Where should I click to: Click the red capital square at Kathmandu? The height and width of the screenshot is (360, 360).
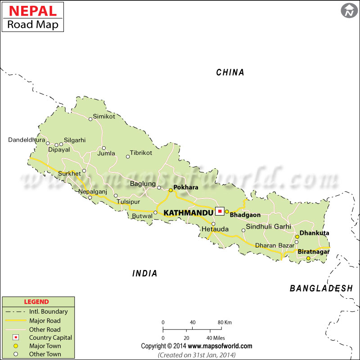coord(220,211)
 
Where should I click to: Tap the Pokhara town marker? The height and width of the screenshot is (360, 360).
coord(171,190)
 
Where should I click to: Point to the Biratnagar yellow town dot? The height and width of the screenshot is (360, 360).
coord(308,258)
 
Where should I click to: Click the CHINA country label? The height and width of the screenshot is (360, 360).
coord(230,72)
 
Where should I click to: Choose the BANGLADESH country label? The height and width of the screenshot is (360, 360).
coord(321,288)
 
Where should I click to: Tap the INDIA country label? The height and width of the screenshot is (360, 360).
coord(145,273)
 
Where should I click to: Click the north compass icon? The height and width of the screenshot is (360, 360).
coord(349,11)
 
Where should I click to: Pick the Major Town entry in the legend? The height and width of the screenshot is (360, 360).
coord(45,346)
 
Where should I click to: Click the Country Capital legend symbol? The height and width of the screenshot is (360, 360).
coord(15,337)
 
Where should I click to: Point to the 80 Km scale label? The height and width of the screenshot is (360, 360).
coord(225,322)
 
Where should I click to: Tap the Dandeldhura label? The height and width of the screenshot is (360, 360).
coord(27,140)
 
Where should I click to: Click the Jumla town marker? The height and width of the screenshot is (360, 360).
coord(103,148)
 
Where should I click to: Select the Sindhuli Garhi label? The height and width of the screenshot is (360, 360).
coord(268,226)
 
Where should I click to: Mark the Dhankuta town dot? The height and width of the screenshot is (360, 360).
coord(297,237)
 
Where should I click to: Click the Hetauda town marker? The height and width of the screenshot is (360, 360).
coord(214,224)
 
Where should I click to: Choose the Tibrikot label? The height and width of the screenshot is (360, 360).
coord(141,153)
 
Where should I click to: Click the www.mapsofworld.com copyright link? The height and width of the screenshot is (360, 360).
coord(220,346)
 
